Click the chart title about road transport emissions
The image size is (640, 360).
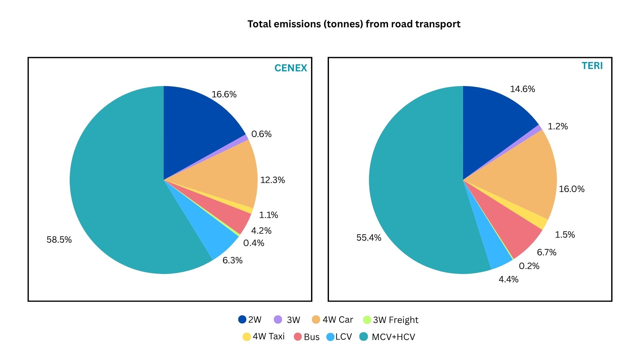click(x=354, y=24)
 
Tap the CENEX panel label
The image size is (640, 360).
click(x=290, y=68)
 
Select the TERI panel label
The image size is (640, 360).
click(x=592, y=66)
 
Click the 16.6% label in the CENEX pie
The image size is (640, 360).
click(x=224, y=94)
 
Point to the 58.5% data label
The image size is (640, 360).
click(x=59, y=240)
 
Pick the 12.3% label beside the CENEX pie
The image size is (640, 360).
click(x=272, y=180)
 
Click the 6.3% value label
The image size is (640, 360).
click(x=232, y=260)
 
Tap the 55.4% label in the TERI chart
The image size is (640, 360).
click(x=369, y=238)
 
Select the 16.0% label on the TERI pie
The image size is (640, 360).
click(x=571, y=189)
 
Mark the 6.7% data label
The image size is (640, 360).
click(x=546, y=252)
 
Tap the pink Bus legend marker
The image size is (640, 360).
click(x=298, y=337)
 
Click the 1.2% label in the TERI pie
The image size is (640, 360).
click(x=558, y=126)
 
